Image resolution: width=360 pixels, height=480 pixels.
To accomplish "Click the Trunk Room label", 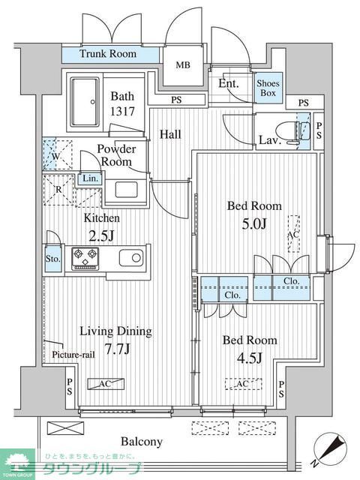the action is point(108,54).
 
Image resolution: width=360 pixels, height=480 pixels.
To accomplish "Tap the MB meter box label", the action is point(183,65).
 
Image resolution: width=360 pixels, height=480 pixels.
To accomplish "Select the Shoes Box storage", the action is point(268,88).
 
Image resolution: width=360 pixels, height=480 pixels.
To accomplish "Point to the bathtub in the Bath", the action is point(85,102).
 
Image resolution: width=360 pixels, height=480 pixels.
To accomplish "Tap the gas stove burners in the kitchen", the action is point(85,259).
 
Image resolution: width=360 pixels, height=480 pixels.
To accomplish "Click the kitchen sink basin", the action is point(131,258).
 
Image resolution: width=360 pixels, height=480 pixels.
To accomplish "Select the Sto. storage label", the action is point(53,259).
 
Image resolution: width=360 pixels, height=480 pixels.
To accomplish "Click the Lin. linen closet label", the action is point(91,178).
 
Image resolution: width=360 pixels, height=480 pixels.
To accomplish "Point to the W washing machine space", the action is point(58,155).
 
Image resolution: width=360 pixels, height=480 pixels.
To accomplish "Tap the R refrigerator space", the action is point(58,190).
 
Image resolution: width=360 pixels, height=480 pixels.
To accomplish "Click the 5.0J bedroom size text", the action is point(254,224).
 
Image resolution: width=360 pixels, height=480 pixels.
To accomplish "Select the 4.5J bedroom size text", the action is point(250,358).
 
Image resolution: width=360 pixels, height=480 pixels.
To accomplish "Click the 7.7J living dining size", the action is point(118,348).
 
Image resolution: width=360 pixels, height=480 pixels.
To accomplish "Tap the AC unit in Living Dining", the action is point(106,384).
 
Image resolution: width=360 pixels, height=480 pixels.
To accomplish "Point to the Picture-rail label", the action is point(73,355).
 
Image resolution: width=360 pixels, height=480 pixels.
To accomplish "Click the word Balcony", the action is point(142,442).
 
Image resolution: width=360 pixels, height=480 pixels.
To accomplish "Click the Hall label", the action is point(170,134).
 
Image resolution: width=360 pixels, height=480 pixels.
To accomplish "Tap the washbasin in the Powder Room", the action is point(126,189).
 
